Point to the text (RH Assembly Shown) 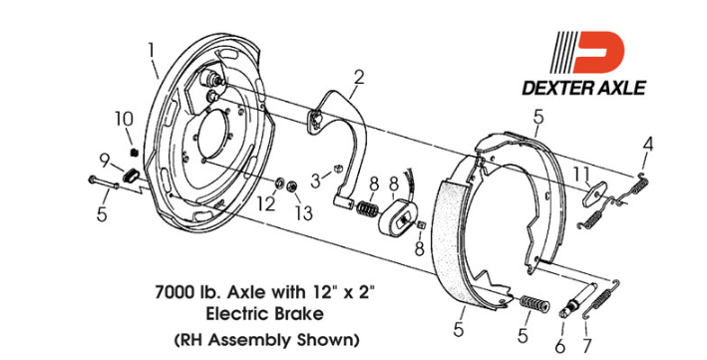click(x=267, y=340)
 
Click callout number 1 click(x=151, y=51)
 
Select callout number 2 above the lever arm click(x=358, y=78)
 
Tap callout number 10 click(x=124, y=119)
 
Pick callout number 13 click(x=304, y=213)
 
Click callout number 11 click(x=581, y=175)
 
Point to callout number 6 click(x=559, y=346)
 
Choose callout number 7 click(x=586, y=346)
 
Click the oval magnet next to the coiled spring click(x=398, y=219)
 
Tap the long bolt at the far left click(x=104, y=182)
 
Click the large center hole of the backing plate click(x=214, y=135)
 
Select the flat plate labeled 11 click(x=595, y=193)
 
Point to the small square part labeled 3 click(x=338, y=170)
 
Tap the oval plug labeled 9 click(x=132, y=175)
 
